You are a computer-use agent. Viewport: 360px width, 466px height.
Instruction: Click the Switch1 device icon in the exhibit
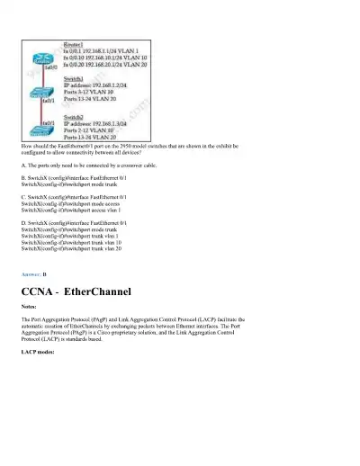tap(39, 93)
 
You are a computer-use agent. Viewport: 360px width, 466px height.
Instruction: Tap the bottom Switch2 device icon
tap(39, 130)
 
